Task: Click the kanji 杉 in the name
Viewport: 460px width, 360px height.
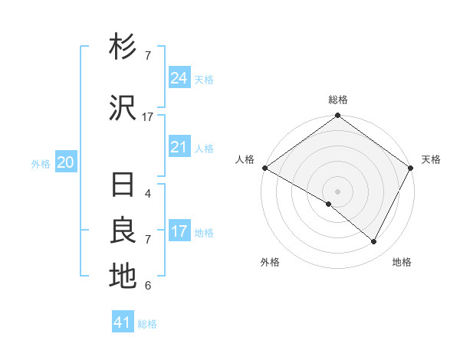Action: click(x=123, y=48)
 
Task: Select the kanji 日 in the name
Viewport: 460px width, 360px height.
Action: click(x=123, y=186)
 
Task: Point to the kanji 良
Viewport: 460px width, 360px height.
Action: click(x=123, y=231)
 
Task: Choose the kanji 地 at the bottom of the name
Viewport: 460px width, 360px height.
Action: click(x=123, y=277)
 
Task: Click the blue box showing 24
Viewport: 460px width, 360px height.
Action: click(x=179, y=78)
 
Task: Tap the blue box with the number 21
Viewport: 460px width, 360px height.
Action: click(x=179, y=147)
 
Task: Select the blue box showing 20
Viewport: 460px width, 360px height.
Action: click(x=66, y=162)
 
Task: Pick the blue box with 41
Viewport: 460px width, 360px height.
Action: click(x=123, y=322)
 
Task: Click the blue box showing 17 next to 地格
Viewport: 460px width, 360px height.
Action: click(x=179, y=231)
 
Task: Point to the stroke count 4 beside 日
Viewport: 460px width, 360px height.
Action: click(x=147, y=194)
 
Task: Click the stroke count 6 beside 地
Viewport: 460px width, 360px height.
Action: click(x=147, y=286)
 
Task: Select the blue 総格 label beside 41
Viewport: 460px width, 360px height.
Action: click(x=148, y=324)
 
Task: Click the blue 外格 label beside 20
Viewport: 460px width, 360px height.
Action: click(x=41, y=164)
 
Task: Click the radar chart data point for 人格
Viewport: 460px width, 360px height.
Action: click(x=264, y=168)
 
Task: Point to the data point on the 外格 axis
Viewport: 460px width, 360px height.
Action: click(x=329, y=204)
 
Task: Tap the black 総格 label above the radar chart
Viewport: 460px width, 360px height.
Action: click(x=338, y=100)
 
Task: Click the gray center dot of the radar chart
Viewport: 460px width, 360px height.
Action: click(x=337, y=191)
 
